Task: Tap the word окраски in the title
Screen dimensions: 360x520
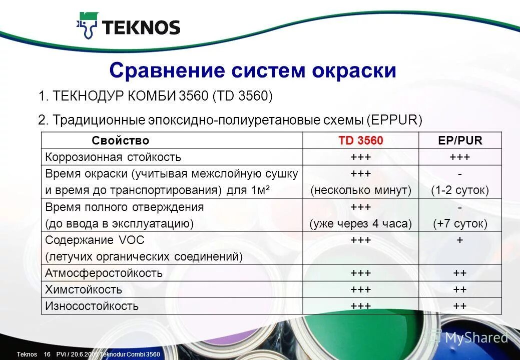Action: coord(355,70)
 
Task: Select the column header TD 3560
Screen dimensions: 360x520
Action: coord(360,141)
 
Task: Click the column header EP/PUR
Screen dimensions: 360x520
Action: coord(459,141)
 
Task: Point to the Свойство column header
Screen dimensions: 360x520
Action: coord(121,141)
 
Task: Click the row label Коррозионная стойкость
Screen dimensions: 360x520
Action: coord(113,157)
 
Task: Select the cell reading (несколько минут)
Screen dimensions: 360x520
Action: coord(360,190)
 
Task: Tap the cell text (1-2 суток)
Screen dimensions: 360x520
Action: coord(460,190)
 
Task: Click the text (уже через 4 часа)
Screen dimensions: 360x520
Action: coord(360,223)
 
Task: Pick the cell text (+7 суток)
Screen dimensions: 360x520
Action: coord(460,223)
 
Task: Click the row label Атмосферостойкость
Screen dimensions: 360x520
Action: coord(104,273)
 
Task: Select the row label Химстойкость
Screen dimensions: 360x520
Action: coord(84,289)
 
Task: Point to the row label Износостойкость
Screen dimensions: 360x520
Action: coord(92,306)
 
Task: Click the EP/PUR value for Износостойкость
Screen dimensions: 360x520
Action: coord(460,306)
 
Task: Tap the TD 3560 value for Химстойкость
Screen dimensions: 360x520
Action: coord(360,289)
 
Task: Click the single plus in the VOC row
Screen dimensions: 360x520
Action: coord(460,240)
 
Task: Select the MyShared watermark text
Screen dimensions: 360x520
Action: coord(476,337)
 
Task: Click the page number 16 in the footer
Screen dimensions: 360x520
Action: coord(48,354)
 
